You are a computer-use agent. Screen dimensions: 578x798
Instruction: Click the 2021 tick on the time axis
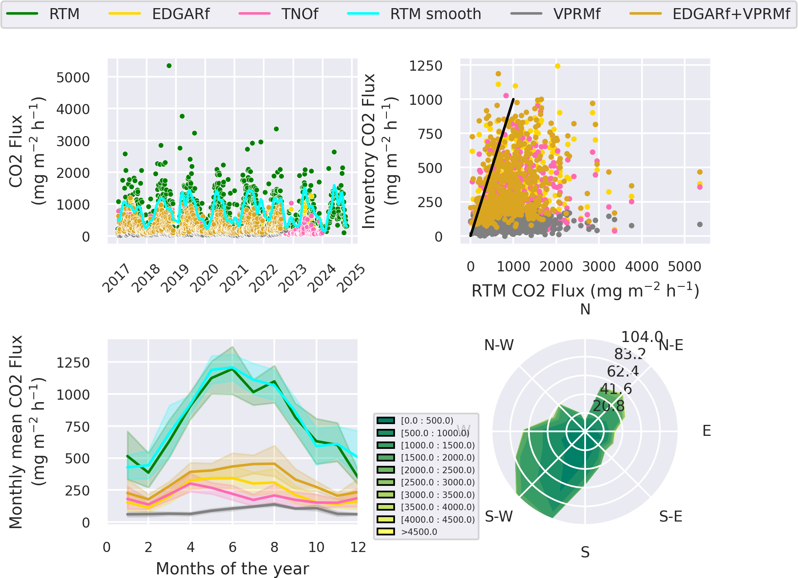[x=234, y=278]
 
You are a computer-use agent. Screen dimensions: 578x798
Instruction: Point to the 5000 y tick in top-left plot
[x=73, y=78]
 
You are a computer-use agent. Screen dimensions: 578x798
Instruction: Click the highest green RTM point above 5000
[x=169, y=66]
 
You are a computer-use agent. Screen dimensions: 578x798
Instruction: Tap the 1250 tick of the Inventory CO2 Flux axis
[x=425, y=66]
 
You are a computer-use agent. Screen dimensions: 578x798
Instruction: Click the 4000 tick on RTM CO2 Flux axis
[x=642, y=267]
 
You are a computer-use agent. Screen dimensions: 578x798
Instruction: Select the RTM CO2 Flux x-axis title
[x=585, y=291]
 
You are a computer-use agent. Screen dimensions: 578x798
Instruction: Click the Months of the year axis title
[x=232, y=568]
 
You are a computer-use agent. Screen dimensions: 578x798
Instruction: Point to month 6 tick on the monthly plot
[x=232, y=548]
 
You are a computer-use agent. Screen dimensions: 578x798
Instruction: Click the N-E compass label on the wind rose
[x=671, y=345]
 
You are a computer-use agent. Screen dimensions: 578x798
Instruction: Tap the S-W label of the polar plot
[x=499, y=517]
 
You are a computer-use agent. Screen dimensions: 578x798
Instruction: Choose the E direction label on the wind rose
[x=707, y=431]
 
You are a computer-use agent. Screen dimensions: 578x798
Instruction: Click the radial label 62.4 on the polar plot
[x=622, y=371]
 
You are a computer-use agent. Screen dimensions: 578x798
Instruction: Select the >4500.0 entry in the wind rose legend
[x=419, y=532]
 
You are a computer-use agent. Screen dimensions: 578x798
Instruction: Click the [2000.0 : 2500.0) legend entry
[x=437, y=470]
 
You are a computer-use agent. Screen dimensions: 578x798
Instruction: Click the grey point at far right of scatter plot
[x=700, y=224]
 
